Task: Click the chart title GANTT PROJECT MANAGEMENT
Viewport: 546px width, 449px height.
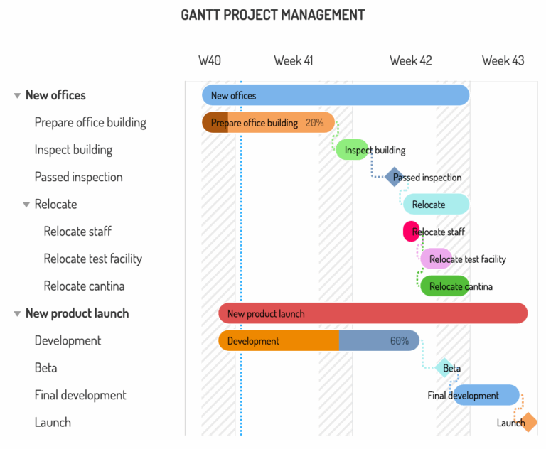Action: click(273, 15)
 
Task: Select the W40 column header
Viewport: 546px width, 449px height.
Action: click(209, 60)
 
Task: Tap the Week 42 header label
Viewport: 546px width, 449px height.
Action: click(410, 60)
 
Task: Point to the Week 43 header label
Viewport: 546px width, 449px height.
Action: click(503, 60)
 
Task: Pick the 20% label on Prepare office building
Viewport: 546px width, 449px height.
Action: click(314, 123)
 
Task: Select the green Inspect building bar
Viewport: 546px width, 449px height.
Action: click(351, 150)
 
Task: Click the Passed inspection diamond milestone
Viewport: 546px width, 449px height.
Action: click(394, 177)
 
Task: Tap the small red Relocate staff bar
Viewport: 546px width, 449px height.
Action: click(411, 232)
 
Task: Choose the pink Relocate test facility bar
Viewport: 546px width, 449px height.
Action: click(436, 259)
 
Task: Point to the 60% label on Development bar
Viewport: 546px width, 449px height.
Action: click(400, 341)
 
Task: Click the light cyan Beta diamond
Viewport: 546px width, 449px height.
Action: click(444, 368)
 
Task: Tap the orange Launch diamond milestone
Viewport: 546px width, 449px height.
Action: click(528, 423)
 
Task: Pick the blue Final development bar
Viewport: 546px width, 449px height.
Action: click(486, 395)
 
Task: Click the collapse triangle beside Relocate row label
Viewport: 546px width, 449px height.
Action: click(26, 205)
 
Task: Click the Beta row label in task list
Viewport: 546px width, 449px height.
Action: click(45, 368)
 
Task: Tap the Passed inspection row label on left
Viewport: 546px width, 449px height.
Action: click(78, 177)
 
